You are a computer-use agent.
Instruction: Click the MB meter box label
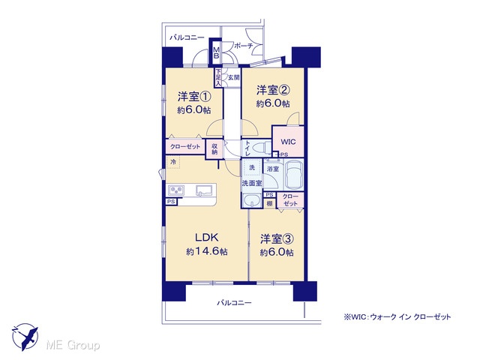pos(216,53)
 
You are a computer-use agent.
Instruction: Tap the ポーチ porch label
pos(244,46)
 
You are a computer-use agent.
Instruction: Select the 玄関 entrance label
pos(233,77)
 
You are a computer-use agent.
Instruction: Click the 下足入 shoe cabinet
pos(218,78)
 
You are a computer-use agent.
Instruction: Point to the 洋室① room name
pos(194,97)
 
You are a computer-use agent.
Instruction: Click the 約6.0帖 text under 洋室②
pos(273,103)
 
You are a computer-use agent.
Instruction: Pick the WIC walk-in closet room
pos(288,142)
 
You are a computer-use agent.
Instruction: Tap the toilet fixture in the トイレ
pos(261,148)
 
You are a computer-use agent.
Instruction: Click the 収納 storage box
pos(214,149)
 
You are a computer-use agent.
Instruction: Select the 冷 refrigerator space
pos(173,162)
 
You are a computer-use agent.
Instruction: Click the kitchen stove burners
pos(176,190)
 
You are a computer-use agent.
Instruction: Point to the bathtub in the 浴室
pos(294,174)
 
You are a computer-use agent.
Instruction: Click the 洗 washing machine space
pos(252,168)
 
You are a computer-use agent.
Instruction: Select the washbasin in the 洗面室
pos(252,200)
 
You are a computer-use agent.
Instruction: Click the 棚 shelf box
pos(270,203)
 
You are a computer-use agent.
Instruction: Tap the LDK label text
pos(207,237)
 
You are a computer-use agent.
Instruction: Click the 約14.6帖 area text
pos(207,252)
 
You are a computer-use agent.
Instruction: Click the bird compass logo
pos(25,337)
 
